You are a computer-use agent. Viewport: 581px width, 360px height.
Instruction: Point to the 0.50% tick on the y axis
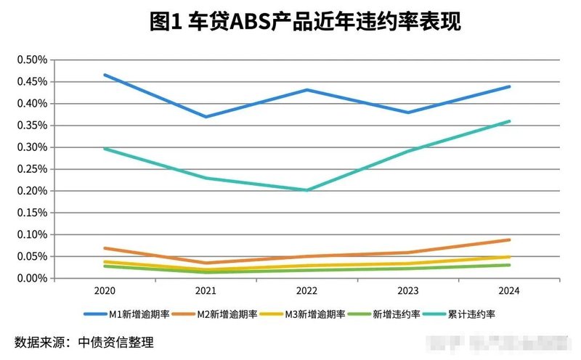[x=32, y=60]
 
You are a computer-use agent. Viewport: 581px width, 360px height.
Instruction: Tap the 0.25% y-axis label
[x=32, y=169]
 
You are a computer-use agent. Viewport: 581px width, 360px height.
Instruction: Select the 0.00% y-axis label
[x=32, y=278]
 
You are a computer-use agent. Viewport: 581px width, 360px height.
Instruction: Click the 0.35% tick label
[x=32, y=126]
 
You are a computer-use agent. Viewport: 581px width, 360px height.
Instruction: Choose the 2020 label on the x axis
[x=104, y=290]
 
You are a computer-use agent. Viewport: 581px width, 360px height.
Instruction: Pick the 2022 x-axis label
[x=306, y=290]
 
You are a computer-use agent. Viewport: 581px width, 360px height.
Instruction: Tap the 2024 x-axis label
[x=509, y=290]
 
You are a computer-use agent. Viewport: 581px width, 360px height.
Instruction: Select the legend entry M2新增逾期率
[x=225, y=314]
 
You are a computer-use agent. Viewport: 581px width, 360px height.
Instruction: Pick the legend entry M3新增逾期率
[x=313, y=314]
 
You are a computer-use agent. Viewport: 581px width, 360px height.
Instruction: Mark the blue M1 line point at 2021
[x=206, y=117]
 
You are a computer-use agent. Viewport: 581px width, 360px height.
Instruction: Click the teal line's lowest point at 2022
[x=306, y=190]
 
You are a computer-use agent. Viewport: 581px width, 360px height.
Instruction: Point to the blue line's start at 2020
[x=105, y=75]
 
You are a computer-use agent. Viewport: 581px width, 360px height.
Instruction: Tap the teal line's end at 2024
[x=509, y=121]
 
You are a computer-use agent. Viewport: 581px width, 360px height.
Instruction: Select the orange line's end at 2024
[x=509, y=240]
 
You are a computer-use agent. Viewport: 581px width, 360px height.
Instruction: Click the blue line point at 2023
[x=408, y=112]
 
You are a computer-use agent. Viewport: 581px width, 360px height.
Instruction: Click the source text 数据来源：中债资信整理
[x=84, y=342]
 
